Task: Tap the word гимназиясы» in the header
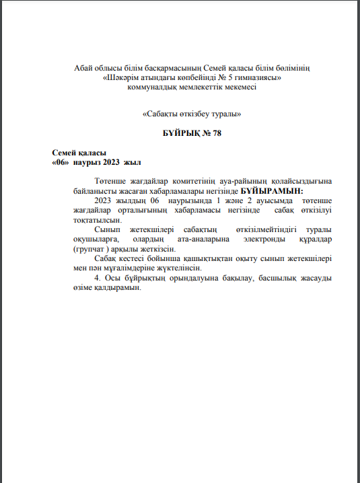[259, 78]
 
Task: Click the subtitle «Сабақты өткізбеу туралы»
[192, 114]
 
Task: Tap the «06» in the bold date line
[61, 162]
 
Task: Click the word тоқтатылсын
[98, 220]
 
